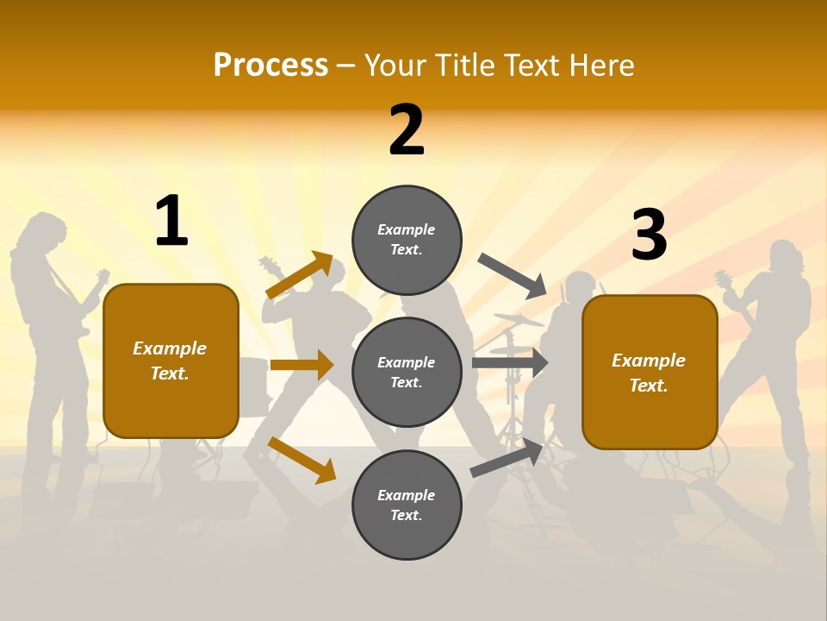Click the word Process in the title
click(270, 65)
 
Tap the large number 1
click(171, 222)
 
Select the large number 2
click(407, 130)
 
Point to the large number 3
click(649, 235)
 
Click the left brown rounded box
click(171, 361)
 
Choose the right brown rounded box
click(650, 372)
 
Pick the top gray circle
click(407, 240)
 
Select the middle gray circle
click(407, 372)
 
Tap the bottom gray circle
click(407, 505)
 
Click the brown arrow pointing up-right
click(300, 275)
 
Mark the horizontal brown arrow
click(302, 365)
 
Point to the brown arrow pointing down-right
click(302, 459)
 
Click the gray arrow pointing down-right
click(513, 275)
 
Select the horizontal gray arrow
click(509, 363)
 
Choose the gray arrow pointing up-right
click(507, 458)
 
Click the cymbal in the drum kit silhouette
click(518, 320)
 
